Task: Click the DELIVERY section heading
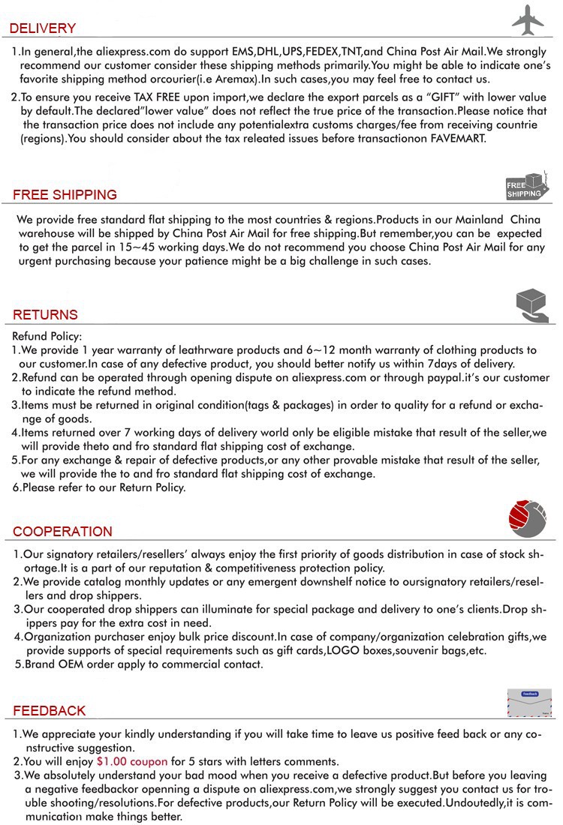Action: point(43,28)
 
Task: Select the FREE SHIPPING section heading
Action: point(65,194)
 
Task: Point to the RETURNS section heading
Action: point(45,314)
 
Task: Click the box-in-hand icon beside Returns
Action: point(531,306)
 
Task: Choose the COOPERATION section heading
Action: point(62,532)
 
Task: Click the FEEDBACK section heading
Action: point(50,710)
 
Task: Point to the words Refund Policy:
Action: point(47,336)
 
